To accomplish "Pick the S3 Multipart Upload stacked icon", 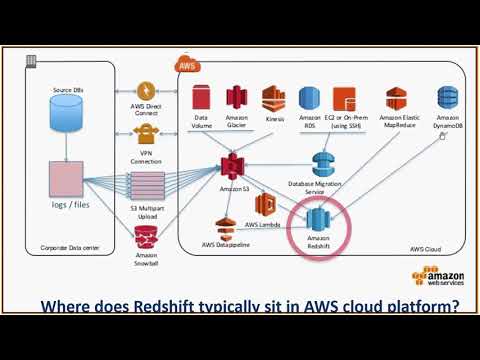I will [146, 185].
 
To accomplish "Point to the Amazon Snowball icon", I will [146, 236].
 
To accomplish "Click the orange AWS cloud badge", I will [187, 65].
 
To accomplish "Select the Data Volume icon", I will [201, 98].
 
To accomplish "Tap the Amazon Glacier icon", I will [237, 98].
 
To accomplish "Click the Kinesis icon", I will [273, 98].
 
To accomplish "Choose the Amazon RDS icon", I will [308, 99].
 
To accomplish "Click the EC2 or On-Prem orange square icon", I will [344, 99].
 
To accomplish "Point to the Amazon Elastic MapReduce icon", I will [398, 98].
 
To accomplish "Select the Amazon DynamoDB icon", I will [447, 98].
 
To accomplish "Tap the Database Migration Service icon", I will [322, 164].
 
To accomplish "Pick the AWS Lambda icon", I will [264, 204].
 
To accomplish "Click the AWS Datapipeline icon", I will [225, 227].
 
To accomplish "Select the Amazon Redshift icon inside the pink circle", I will [318, 219].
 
